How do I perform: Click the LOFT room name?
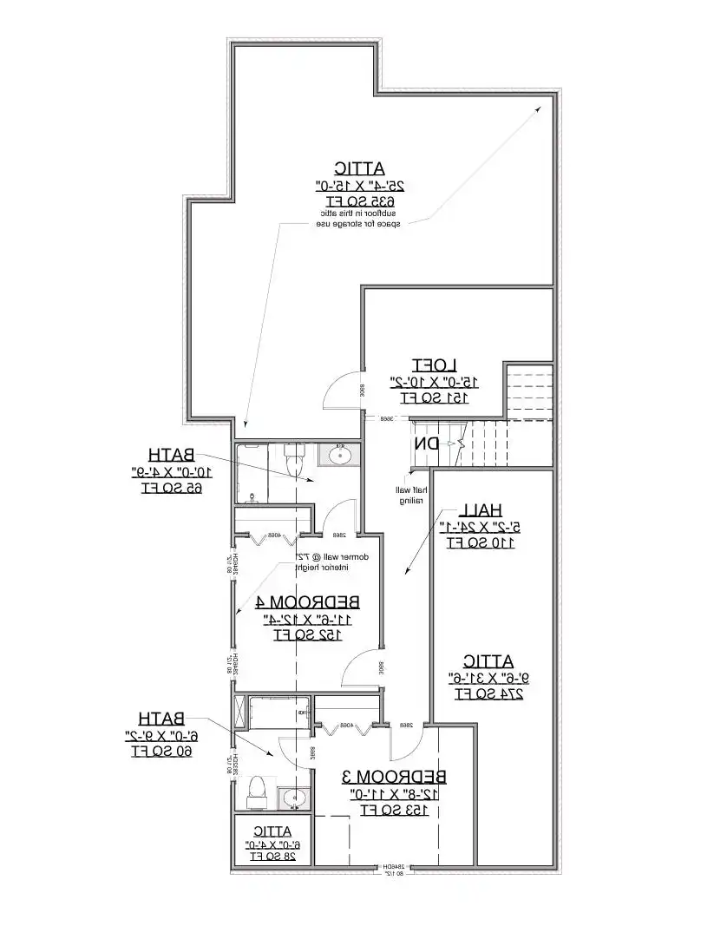[436, 365]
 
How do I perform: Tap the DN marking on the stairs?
[426, 443]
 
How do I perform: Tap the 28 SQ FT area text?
[272, 856]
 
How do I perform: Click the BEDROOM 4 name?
[308, 601]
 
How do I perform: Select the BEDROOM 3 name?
[394, 776]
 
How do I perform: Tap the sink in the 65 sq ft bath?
[337, 454]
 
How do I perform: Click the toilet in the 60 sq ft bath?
[257, 788]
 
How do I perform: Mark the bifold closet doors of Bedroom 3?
[345, 727]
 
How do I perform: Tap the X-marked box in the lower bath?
[240, 713]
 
